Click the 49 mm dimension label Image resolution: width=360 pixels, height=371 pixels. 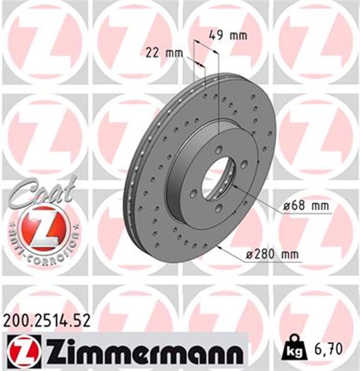click(227, 35)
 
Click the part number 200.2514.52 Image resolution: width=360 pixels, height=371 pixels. click(47, 321)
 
